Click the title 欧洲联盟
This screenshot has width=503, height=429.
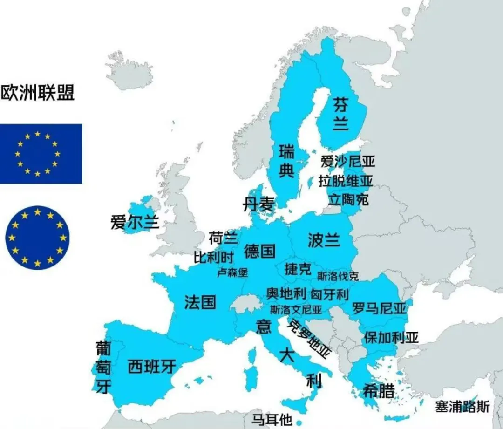[37, 92]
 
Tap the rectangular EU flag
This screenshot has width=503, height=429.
[41, 153]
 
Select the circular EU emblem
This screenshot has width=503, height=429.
[37, 237]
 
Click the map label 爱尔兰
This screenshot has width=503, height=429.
[135, 222]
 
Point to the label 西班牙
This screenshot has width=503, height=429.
[151, 367]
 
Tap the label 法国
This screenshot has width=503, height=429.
[200, 302]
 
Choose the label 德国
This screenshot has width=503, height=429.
[259, 251]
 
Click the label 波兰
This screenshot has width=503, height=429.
[324, 240]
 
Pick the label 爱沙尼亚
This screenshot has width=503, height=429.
[348, 162]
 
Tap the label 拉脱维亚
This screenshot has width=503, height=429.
[346, 181]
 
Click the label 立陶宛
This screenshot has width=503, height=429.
[348, 199]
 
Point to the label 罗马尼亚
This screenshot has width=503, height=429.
[379, 308]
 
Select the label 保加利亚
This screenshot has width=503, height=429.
[391, 337]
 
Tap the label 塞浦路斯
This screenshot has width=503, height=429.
[462, 407]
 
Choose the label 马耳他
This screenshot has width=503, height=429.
[272, 420]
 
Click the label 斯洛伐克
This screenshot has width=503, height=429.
[338, 276]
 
